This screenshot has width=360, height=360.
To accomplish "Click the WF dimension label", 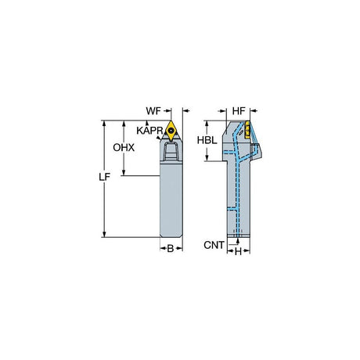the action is [x=153, y=111].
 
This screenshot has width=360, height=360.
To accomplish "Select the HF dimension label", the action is [x=239, y=111].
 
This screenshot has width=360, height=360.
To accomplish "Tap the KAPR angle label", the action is [x=149, y=131].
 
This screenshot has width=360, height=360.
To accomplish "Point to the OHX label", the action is [x=124, y=148].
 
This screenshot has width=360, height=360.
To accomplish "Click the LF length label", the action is [x=104, y=177].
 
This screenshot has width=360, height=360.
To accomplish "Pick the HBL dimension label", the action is [x=207, y=140].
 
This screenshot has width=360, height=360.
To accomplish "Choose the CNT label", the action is [x=214, y=245].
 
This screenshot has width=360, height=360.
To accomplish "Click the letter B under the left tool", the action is [x=171, y=249].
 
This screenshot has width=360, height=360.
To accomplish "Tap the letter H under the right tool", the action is [x=238, y=252].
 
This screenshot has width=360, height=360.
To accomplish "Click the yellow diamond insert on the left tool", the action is [x=171, y=130].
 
